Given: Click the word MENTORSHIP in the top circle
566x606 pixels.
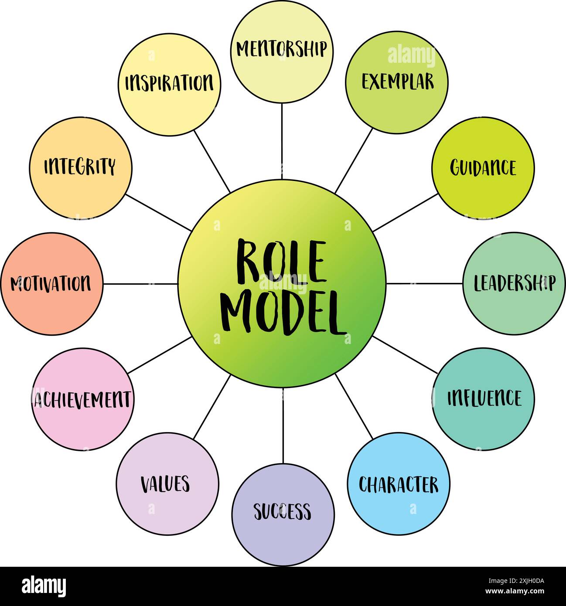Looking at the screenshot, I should coord(281,49).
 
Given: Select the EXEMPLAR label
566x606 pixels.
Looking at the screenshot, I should coord(397,82).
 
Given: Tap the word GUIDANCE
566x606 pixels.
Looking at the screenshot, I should coord(483,168).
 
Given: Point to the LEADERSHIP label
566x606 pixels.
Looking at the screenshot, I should coord(514,283).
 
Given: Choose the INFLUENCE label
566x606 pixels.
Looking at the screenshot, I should coord(484,398).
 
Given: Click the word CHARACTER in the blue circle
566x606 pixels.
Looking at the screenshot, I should coord(398,484).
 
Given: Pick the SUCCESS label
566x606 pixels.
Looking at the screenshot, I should coord(283,511).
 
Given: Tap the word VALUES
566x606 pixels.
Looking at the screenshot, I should coord(165,484).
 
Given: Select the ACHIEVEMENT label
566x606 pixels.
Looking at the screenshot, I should coord(82,399).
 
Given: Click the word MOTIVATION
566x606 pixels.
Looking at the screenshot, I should coord(51,284).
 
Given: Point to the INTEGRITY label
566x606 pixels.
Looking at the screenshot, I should coord(80,167).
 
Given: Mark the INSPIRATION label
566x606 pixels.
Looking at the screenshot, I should coord(169,83).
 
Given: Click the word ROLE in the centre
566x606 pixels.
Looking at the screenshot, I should coord(281,262).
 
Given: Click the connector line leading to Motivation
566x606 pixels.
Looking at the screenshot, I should coord(140,284).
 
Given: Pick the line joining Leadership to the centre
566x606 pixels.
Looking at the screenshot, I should coord(424,283).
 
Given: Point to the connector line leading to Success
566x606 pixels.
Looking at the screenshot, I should coord(283,426).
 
